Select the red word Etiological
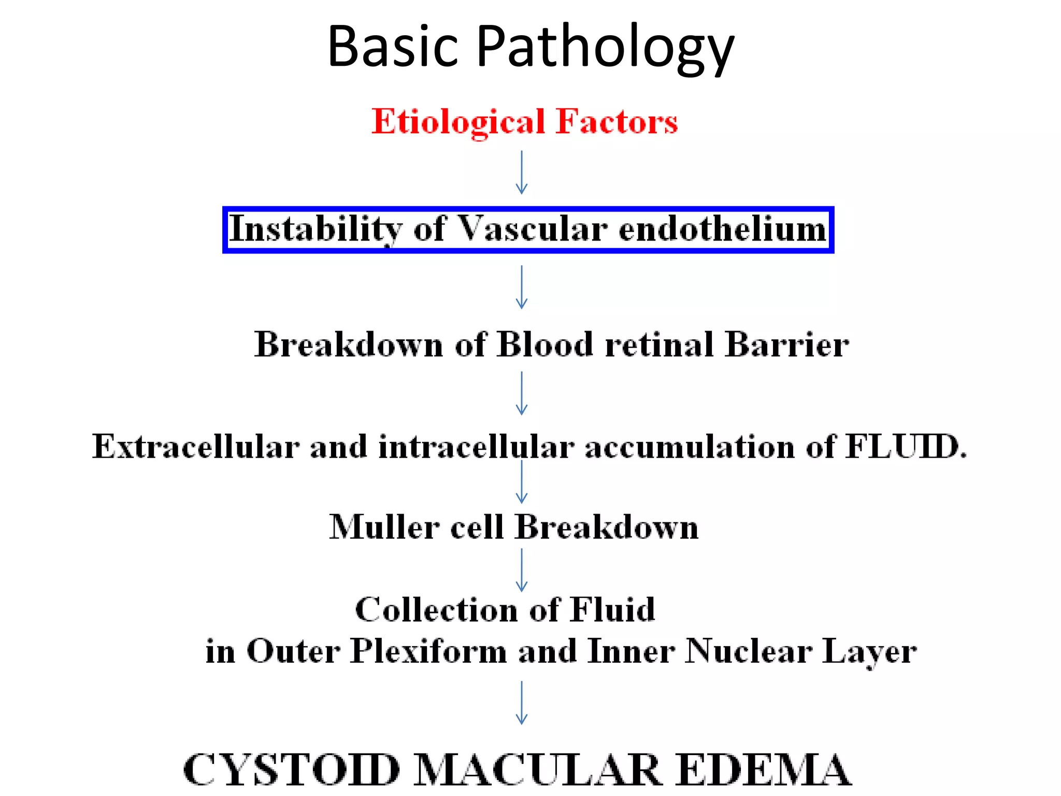click(x=458, y=122)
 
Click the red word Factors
click(x=616, y=122)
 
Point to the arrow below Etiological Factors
click(x=522, y=173)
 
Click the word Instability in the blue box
click(x=316, y=229)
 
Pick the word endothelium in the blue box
click(x=723, y=229)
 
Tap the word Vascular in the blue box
click(x=533, y=229)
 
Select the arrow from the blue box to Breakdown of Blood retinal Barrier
click(x=522, y=288)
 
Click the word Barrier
click(x=786, y=345)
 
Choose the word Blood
click(x=544, y=345)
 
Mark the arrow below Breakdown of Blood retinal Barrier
click(x=522, y=393)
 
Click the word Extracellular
click(x=196, y=447)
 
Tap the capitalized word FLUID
click(x=905, y=447)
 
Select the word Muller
click(x=384, y=528)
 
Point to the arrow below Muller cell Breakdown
click(x=522, y=570)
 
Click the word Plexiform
click(x=428, y=651)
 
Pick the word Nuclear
click(x=749, y=651)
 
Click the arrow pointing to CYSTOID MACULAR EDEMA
click(x=522, y=703)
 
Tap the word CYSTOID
click(x=292, y=770)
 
